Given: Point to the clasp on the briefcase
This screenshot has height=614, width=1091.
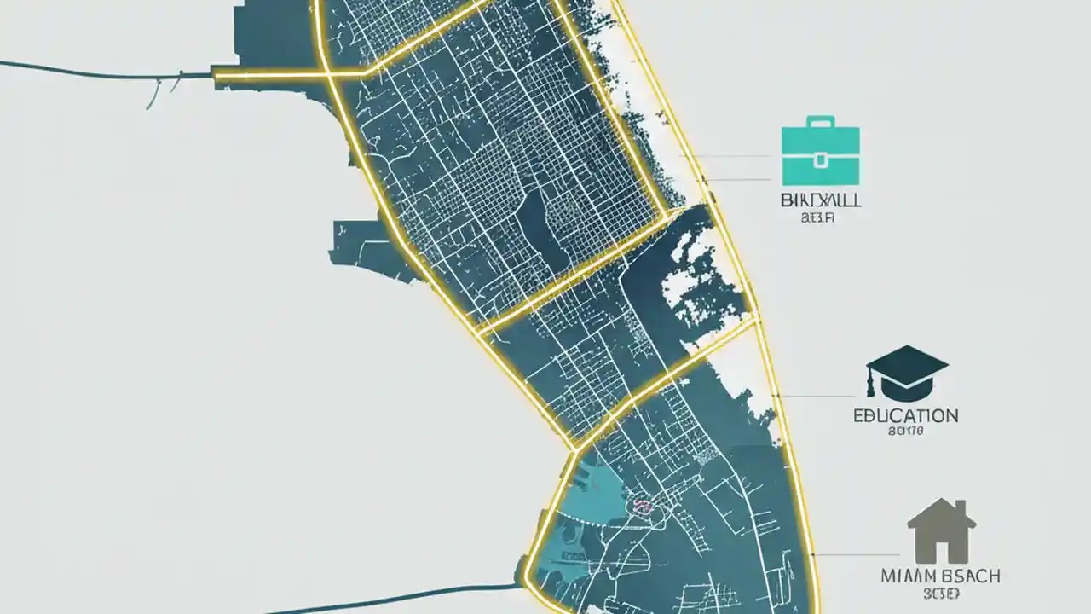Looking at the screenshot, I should pos(820,159).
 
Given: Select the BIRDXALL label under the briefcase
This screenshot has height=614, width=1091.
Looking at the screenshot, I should pos(820,201).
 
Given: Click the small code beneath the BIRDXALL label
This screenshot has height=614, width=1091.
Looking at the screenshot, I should pos(819,217).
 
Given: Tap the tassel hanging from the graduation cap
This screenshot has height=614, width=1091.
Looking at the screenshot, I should pos(871,385).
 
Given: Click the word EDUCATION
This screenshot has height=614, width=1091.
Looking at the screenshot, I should pos(905,416).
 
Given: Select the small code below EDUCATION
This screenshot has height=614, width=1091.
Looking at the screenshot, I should pos(904,432).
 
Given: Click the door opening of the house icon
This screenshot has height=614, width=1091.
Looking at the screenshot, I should pos(941,550).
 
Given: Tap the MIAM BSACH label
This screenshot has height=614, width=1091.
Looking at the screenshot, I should pos(941,576).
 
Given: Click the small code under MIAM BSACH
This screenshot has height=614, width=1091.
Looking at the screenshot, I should pos(940,593).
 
